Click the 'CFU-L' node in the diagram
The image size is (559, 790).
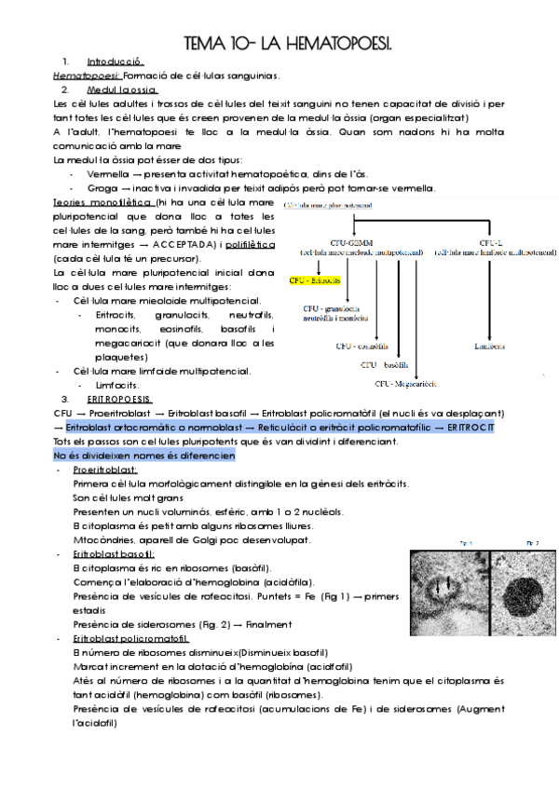coord(492,240)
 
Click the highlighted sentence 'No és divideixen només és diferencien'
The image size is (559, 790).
coord(144,456)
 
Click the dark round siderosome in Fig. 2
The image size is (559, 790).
coord(521,592)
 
